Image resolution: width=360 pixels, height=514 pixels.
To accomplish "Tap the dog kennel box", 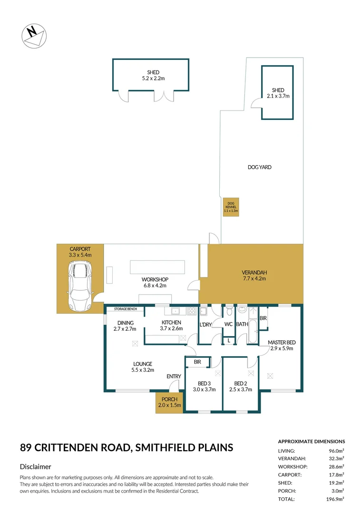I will (231, 207).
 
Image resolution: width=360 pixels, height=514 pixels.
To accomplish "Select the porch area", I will (169, 402).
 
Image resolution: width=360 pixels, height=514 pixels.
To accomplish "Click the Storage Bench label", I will (125, 309).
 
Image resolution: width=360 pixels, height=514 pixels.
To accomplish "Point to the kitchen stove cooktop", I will (193, 311).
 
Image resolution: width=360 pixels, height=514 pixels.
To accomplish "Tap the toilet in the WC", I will (229, 311).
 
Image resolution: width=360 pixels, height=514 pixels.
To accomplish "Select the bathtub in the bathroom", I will (252, 332).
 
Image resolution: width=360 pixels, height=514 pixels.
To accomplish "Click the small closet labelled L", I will (229, 340).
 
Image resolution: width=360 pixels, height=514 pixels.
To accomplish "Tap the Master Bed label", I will (281, 342).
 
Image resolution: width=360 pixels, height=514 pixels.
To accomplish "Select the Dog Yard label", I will (260, 167).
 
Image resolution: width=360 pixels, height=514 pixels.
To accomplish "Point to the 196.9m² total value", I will (335, 499).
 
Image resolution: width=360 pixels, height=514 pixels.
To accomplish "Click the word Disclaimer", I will (36, 467).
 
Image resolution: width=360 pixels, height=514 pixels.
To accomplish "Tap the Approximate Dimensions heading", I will (311, 441).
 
